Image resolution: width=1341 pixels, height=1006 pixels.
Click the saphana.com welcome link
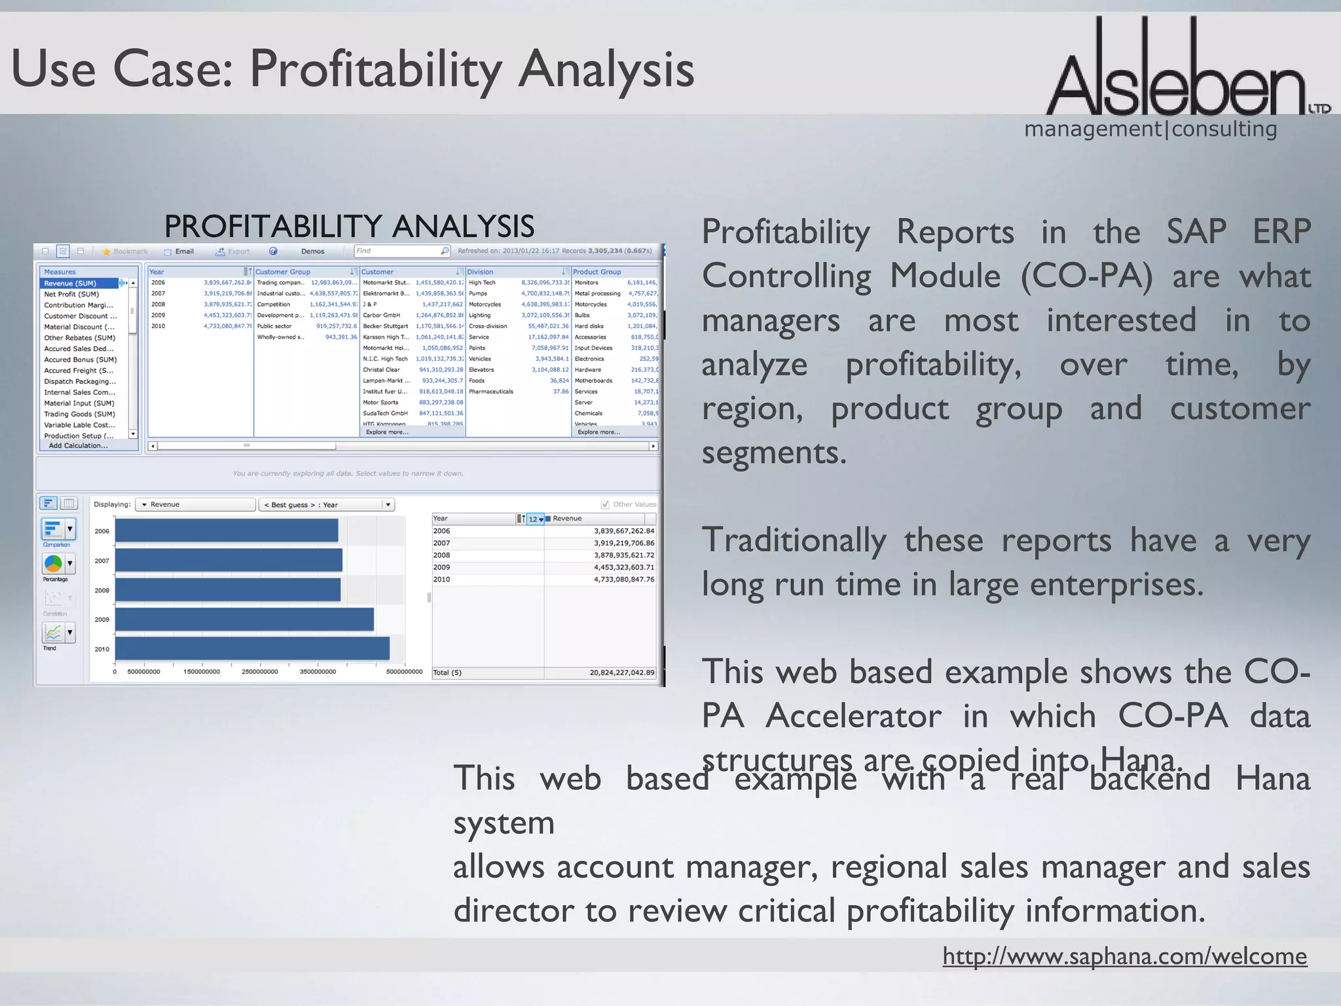coord(1124,956)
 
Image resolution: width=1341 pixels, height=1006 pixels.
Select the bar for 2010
coord(252,648)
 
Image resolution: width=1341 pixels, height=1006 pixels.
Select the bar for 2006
coord(227,531)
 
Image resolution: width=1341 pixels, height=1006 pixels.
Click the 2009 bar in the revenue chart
coord(244,619)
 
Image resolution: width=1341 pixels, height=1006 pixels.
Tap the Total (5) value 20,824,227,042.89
coord(621,673)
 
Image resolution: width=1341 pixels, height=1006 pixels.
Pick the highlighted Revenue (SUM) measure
coord(71,284)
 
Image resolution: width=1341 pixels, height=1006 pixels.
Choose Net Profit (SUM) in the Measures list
coord(71,294)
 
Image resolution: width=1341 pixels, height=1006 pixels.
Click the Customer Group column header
coord(283,272)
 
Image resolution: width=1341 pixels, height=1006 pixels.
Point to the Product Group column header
coord(597,272)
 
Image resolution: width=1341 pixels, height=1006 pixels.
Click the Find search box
coord(397,251)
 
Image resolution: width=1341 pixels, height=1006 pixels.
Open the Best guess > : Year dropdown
coord(326,505)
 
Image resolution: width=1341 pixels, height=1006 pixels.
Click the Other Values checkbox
coord(605,504)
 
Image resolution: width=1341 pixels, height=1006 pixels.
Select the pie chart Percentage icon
coord(53,563)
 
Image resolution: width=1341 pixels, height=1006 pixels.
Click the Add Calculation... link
coord(78,446)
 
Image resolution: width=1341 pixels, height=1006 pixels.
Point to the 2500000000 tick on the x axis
coord(260,672)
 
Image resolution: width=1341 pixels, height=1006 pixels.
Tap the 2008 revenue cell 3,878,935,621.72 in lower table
coord(623,555)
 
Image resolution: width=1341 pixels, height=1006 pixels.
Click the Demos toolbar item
coord(312,251)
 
